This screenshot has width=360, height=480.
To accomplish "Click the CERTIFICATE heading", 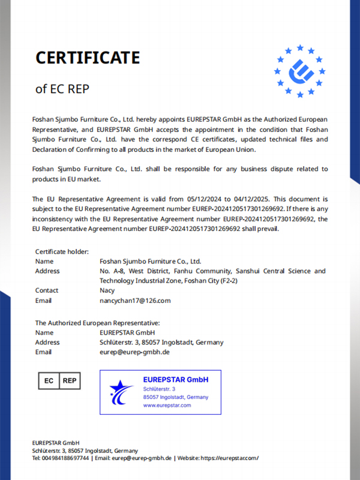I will coord(88,58).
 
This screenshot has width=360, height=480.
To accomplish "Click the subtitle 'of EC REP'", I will coord(62,89).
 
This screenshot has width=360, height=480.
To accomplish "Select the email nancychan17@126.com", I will coord(135,300).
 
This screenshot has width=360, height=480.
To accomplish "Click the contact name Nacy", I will coord(107,290).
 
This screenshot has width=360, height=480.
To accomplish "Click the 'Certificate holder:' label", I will coord(62,251).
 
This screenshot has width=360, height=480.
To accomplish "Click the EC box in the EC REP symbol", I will coord(49,380).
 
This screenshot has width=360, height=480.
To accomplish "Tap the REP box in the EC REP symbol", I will coord(70,380).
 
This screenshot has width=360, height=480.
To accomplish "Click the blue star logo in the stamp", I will coord(121,392).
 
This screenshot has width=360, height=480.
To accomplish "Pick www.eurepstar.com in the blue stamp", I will coord(167,405).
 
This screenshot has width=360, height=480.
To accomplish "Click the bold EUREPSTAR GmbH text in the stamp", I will coord(176,379).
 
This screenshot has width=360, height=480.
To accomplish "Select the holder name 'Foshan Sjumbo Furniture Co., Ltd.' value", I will coord(150,261).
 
